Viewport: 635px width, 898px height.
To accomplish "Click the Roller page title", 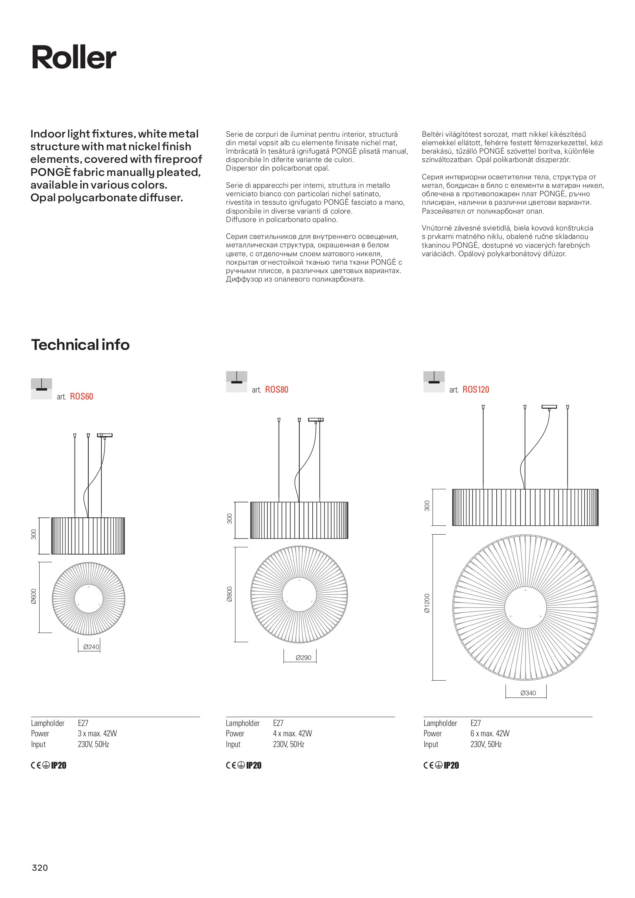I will (x=74, y=58).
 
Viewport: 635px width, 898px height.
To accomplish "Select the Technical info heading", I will (x=80, y=345).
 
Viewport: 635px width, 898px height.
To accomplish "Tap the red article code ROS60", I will (x=81, y=397).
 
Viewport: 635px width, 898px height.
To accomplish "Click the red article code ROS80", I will (x=277, y=389).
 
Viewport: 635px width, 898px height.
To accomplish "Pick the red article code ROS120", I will (x=476, y=389).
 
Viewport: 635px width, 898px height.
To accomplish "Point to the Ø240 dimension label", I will (x=91, y=647).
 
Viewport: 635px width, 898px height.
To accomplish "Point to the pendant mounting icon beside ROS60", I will (x=41, y=389).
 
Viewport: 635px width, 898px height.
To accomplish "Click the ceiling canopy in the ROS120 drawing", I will (x=549, y=407).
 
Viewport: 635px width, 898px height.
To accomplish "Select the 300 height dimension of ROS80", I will (x=230, y=519).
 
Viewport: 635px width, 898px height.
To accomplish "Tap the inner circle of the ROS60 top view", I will (x=88, y=599).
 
